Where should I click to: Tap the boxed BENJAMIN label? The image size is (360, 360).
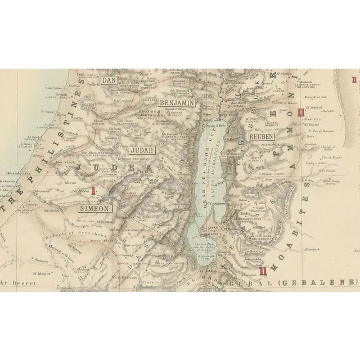point(177,103)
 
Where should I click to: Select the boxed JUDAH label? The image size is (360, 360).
point(141,150)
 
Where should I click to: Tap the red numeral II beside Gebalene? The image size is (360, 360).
point(263,271)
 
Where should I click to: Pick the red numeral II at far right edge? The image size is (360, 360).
point(354,80)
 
